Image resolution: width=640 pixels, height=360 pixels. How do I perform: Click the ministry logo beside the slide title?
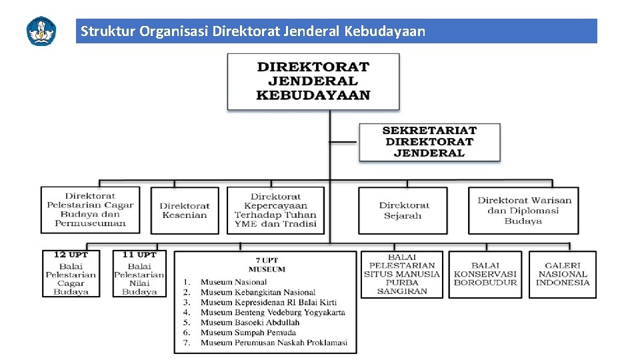pos(41,31)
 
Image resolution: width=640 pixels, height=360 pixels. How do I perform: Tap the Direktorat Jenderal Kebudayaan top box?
pos(313,81)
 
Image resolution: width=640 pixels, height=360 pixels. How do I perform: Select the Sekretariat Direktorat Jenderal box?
pos(429,141)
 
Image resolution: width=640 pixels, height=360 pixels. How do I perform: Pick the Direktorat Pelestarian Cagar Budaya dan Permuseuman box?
pos(90,209)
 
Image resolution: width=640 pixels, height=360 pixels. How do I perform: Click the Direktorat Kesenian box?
pos(185,210)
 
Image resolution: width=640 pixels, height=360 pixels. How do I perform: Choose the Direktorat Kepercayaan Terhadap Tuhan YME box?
pos(275,210)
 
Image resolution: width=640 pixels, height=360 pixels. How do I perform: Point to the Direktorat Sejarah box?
pos(403,210)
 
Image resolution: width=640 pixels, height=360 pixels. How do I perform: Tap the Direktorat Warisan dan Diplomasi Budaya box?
pos(523,210)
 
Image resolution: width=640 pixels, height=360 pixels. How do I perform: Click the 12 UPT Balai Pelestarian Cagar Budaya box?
pos(71,273)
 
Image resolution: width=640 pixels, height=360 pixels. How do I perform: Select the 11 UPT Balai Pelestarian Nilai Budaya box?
pos(139,273)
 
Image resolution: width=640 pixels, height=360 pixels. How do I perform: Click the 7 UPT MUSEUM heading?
pos(267,265)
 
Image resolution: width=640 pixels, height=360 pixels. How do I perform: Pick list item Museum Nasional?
pos(233,282)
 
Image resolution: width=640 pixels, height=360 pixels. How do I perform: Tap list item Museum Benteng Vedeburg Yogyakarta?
pos(273,312)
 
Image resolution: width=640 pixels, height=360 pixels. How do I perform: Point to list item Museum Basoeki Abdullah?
pos(250,322)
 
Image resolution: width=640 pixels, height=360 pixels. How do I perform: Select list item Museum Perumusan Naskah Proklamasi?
pos(274,343)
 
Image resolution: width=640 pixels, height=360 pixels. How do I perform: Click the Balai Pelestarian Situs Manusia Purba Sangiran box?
pos(402,274)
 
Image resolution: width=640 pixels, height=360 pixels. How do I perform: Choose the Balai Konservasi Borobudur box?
pos(485,274)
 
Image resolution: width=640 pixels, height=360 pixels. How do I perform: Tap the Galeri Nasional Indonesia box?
pos(563,274)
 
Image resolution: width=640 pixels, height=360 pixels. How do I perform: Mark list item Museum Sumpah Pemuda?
pos(248,332)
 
